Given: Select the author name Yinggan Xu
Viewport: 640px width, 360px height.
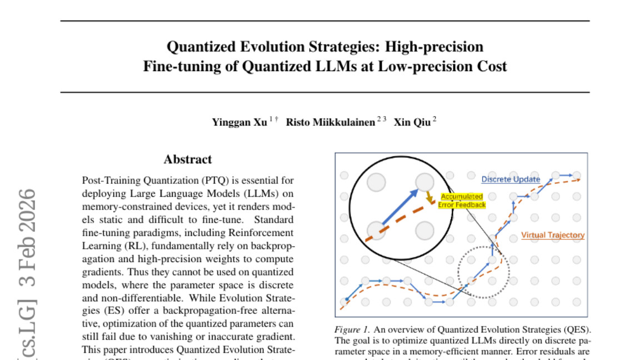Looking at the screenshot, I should pos(239,122).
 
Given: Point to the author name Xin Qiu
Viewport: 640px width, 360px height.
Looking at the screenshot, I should pos(412,122).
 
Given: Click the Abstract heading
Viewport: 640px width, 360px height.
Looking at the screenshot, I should pos(188,159).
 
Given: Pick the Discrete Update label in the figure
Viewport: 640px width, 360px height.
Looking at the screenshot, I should pos(511,179).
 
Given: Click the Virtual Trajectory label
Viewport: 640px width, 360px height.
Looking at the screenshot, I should pos(553,235).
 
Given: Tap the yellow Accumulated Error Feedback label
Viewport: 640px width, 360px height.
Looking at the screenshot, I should pos(462,201).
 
